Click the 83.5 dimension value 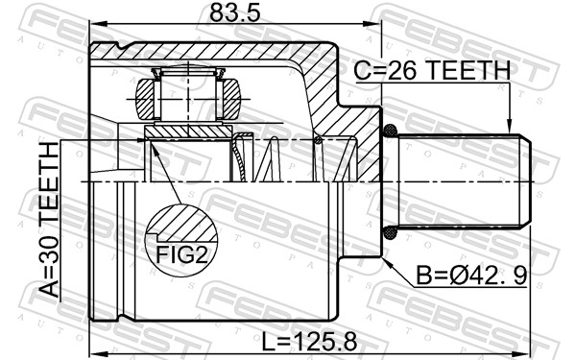(x=234, y=13)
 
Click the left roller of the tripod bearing (x=145, y=99)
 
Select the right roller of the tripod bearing (x=230, y=99)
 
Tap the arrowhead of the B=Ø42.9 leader (x=383, y=257)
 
